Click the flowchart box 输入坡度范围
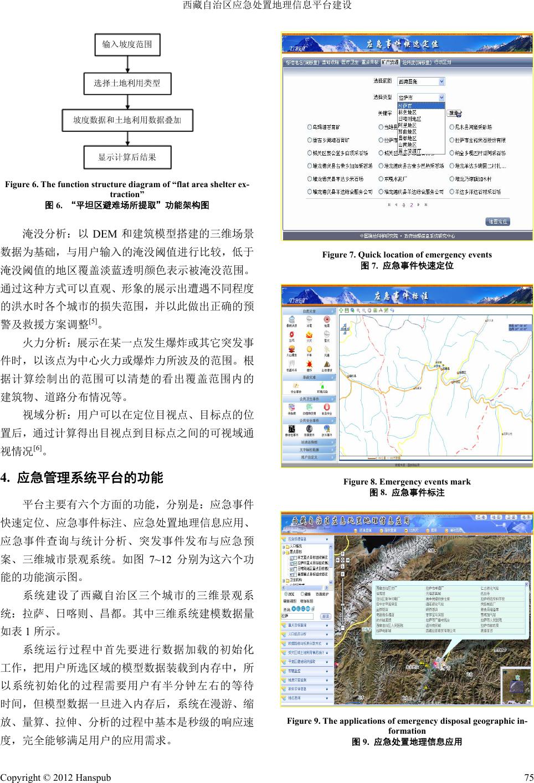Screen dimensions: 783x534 127,44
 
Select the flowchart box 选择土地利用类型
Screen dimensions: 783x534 127,83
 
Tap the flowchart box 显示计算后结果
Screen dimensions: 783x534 127,157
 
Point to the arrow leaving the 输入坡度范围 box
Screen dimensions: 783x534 127,63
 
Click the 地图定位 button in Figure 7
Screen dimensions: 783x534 497,221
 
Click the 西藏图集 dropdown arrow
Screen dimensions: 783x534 441,81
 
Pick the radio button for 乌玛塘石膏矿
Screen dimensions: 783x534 309,127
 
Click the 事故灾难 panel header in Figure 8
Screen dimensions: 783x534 309,377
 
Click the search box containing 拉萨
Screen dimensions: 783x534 298,616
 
